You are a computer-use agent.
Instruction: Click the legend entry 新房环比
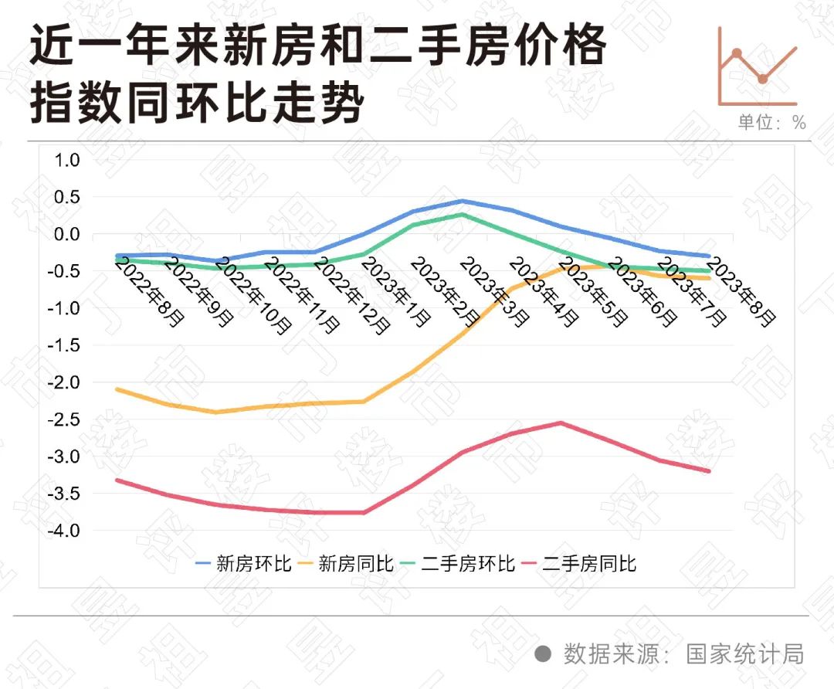click(243, 563)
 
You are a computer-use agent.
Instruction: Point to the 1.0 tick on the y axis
click(66, 160)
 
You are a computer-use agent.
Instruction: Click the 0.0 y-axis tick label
click(66, 234)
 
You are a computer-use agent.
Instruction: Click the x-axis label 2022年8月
click(150, 292)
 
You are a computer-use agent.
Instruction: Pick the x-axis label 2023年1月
click(396, 292)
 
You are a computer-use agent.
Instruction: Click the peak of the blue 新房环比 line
click(462, 201)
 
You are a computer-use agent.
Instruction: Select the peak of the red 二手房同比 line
click(561, 423)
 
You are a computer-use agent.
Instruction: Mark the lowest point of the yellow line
click(216, 412)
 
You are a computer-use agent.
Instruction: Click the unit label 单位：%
click(771, 123)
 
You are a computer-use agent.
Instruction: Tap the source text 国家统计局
click(745, 654)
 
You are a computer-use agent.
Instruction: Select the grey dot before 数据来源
click(543, 654)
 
